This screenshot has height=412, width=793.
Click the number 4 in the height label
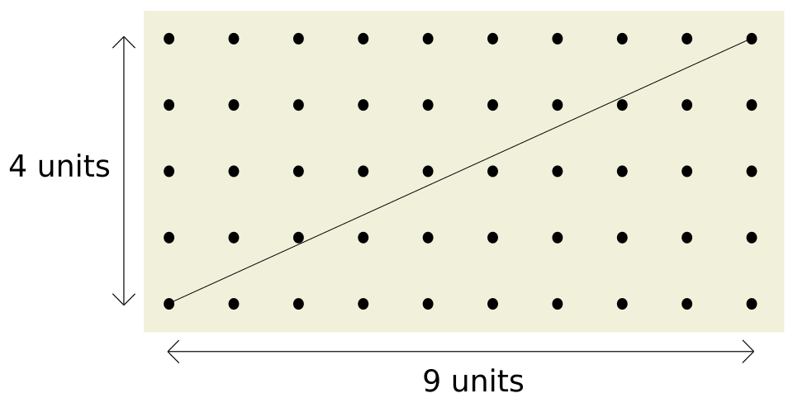click(x=17, y=166)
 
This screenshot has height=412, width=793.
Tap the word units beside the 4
click(x=74, y=166)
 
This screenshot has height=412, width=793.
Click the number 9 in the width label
click(x=431, y=381)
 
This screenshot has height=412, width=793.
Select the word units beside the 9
click(x=487, y=381)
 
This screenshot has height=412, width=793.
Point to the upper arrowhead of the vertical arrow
click(x=124, y=37)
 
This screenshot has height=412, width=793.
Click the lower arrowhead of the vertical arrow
click(x=124, y=305)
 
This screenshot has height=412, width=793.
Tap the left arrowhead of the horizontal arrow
click(x=169, y=352)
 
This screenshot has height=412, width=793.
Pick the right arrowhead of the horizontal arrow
click(x=753, y=352)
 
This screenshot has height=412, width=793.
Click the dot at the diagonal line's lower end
click(x=169, y=304)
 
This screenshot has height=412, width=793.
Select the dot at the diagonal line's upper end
click(x=752, y=39)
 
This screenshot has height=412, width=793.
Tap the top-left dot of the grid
click(x=169, y=39)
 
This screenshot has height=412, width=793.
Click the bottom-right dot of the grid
click(x=752, y=304)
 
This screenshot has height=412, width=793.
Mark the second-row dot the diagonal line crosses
click(x=622, y=105)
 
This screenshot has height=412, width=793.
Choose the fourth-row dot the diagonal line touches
click(x=298, y=238)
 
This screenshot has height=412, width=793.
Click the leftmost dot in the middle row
click(x=169, y=172)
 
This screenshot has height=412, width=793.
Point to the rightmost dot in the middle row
click(x=752, y=172)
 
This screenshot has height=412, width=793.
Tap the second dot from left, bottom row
click(x=234, y=304)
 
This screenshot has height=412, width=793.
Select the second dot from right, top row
click(x=686, y=39)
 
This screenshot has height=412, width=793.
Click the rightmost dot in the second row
click(x=752, y=105)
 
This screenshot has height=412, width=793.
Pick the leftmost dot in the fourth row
click(x=169, y=238)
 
